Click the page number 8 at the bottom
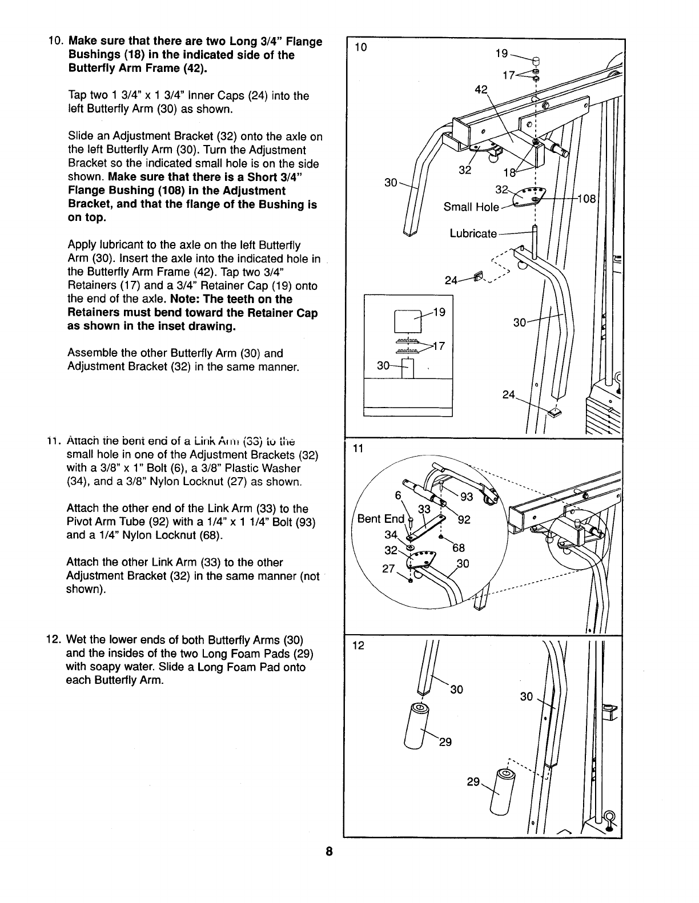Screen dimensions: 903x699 (329, 852)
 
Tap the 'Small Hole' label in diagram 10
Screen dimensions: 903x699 (471, 207)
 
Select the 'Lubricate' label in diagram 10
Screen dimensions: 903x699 (473, 233)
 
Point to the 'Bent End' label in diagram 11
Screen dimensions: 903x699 (380, 519)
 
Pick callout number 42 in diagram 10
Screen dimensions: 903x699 (481, 89)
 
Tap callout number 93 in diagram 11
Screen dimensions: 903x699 (467, 497)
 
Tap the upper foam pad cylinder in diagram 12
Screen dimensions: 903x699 (416, 725)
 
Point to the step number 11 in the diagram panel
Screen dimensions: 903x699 (357, 449)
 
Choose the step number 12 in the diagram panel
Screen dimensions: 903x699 (358, 646)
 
